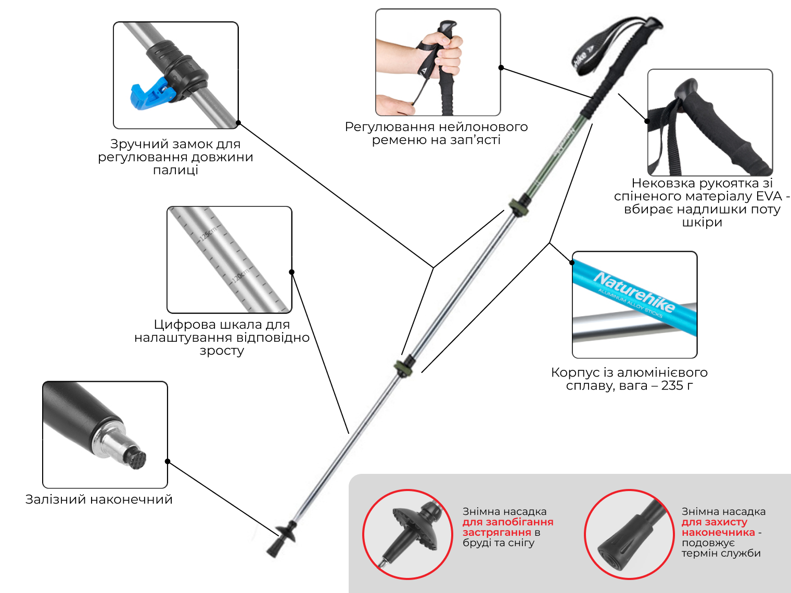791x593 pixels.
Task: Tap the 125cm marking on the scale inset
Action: click(208, 234)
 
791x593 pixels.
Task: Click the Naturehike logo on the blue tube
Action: click(634, 292)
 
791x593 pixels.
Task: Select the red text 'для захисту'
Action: click(715, 522)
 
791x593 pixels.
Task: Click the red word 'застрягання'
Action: click(496, 532)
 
